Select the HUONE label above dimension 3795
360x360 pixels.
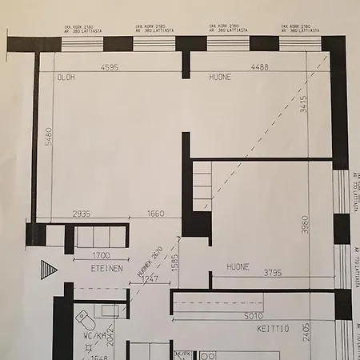tap(238, 266)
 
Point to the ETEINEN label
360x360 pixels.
tap(106, 269)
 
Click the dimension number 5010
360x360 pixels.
tap(254, 316)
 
